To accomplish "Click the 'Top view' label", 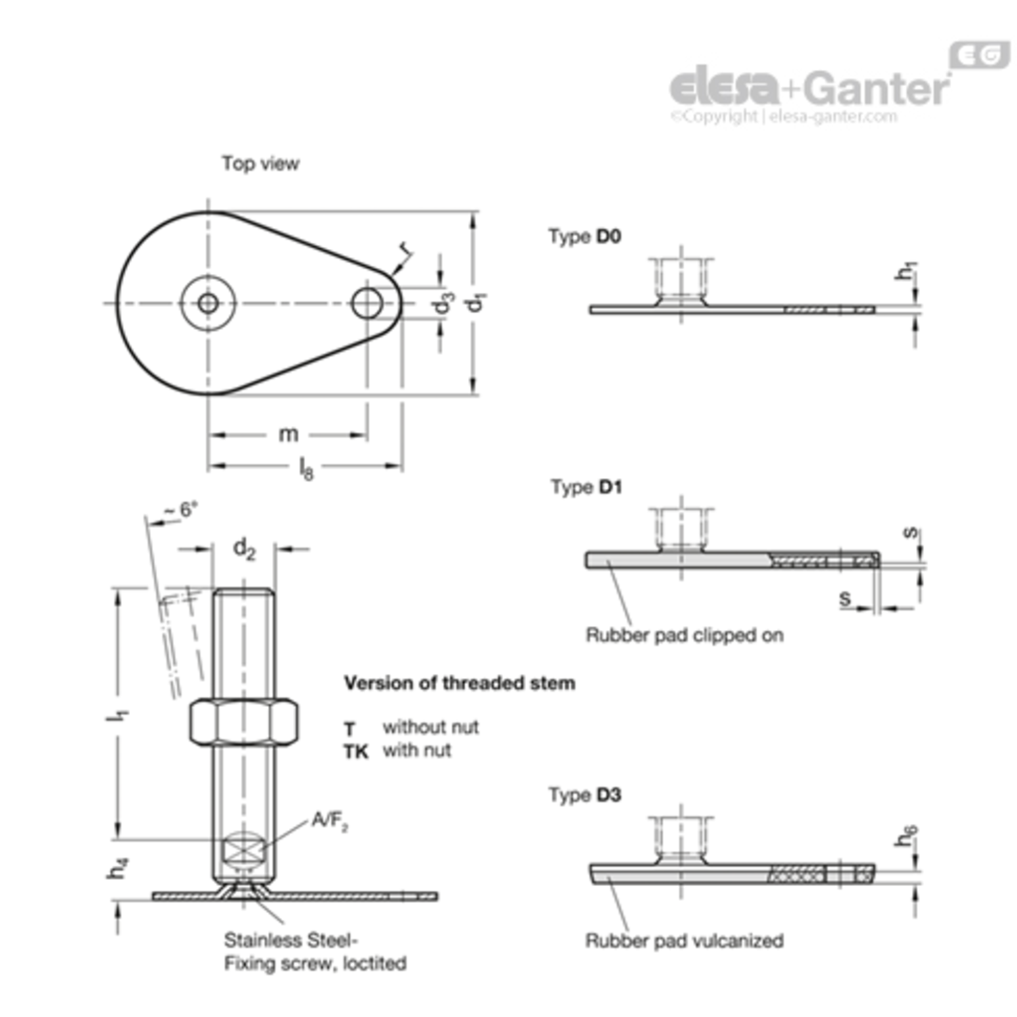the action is click(x=260, y=163).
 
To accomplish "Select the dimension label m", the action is click(x=289, y=434).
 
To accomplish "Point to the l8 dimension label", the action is click(x=306, y=468).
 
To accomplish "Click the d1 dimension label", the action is click(x=478, y=302).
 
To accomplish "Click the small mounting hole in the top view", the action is click(x=367, y=303).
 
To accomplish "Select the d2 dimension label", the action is click(x=244, y=549).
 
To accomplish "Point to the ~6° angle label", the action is click(x=182, y=510).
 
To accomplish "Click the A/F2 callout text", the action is click(x=330, y=822).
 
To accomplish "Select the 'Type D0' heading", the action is click(x=584, y=237).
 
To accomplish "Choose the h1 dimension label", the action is click(x=906, y=271).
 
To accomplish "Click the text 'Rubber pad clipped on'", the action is click(x=684, y=635).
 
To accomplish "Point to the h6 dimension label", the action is click(x=906, y=835).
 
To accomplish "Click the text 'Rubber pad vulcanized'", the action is click(x=684, y=940).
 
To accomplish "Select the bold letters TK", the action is click(x=356, y=752).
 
